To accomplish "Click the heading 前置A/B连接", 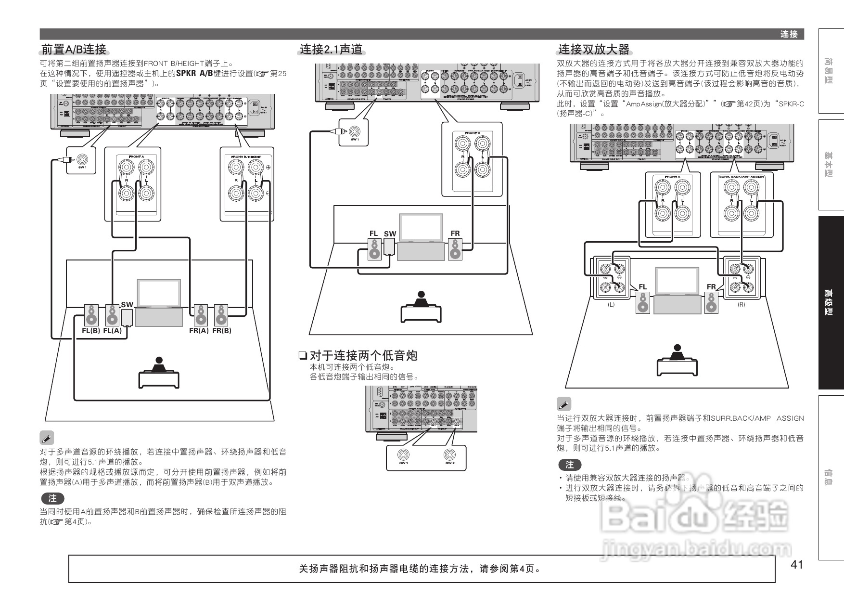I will (x=74, y=49).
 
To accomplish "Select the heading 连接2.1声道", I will (x=331, y=49).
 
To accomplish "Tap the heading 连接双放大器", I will (x=593, y=49).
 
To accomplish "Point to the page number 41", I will (x=797, y=564).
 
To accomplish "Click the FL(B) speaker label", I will (x=91, y=331).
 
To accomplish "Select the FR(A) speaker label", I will (x=199, y=331).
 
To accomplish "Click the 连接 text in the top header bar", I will (x=789, y=34).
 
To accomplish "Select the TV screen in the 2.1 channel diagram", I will (x=422, y=227).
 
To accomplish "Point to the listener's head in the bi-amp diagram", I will (x=678, y=348).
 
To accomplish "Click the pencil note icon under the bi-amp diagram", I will (x=564, y=404).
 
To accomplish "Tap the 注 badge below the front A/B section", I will (x=52, y=498).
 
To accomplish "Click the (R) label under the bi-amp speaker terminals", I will (x=741, y=305).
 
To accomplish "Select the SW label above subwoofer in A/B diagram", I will (x=127, y=304).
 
